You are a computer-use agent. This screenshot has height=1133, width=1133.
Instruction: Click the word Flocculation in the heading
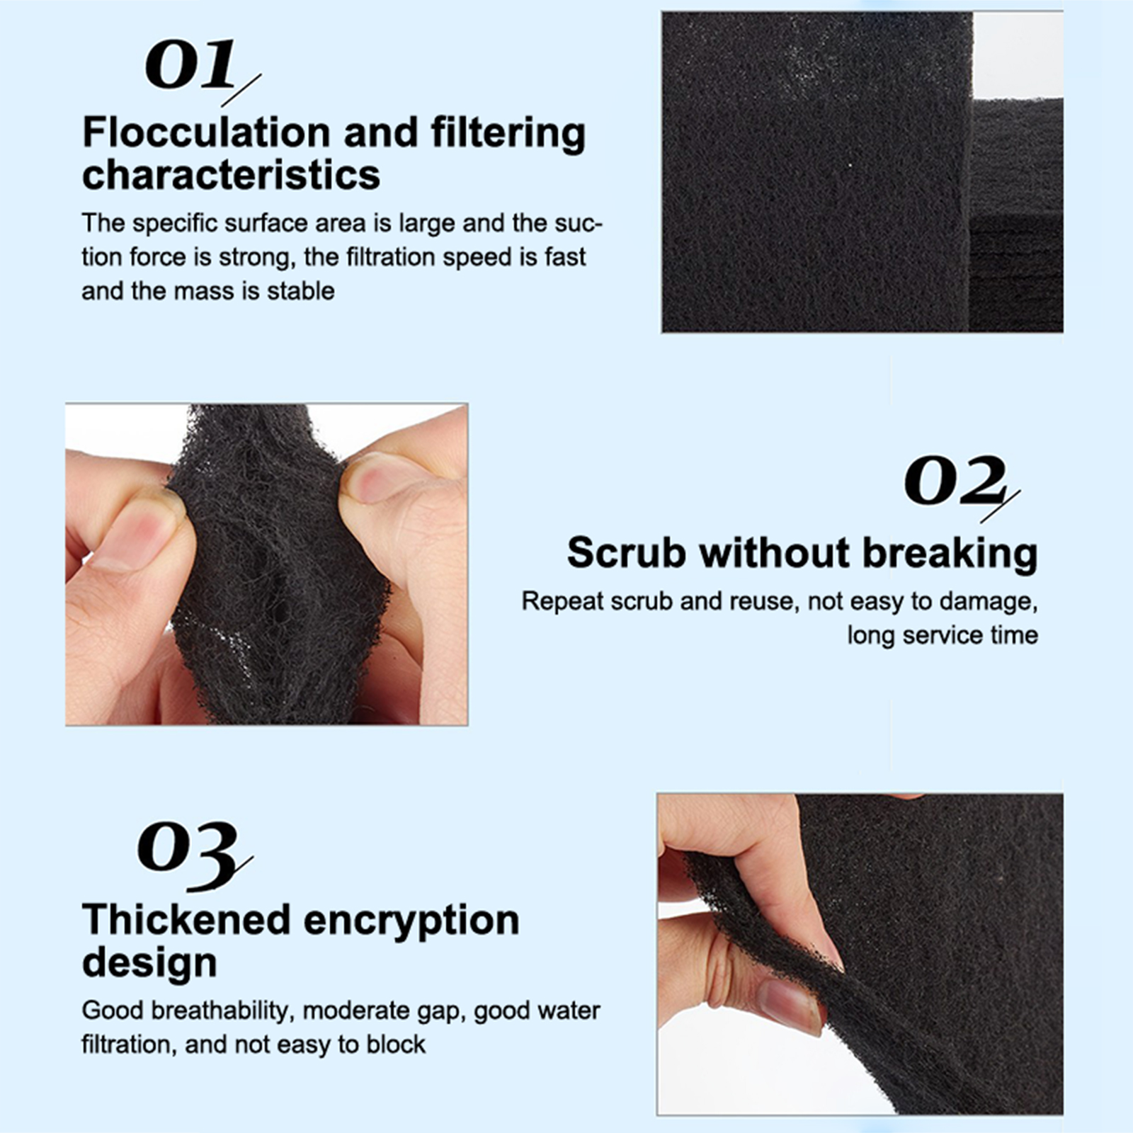click(x=206, y=132)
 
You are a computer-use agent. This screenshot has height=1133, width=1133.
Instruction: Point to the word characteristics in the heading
click(x=231, y=174)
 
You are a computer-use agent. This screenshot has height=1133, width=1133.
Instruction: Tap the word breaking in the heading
click(x=950, y=553)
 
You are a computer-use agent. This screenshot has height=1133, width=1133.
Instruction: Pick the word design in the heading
click(x=149, y=962)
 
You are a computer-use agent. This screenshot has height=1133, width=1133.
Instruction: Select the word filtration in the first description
click(x=389, y=257)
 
